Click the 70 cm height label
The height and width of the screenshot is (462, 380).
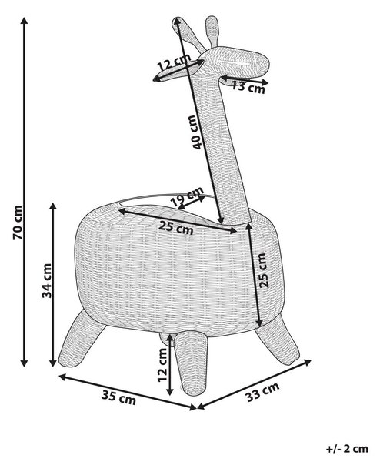(x=18, y=223)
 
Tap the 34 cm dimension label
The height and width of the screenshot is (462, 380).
(x=47, y=281)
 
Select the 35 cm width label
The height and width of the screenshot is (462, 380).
(x=118, y=397)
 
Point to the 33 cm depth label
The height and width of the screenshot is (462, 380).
(x=262, y=392)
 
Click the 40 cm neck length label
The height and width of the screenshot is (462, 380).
(x=197, y=132)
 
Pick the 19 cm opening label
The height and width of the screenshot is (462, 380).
(x=187, y=196)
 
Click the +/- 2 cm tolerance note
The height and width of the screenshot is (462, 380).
(x=347, y=449)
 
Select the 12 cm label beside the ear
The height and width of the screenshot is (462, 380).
(x=174, y=63)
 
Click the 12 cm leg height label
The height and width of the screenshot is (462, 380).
(x=162, y=365)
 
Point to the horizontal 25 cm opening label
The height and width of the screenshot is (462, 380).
(x=176, y=227)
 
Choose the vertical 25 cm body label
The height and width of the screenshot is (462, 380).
(x=264, y=270)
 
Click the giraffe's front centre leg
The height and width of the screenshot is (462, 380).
(x=190, y=363)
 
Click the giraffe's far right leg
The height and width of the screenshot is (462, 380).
(x=277, y=340)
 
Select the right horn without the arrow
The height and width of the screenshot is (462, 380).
(x=212, y=31)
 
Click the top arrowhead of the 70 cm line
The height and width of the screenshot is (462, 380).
(x=25, y=21)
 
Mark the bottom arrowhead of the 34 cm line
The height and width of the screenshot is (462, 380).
(x=53, y=363)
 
